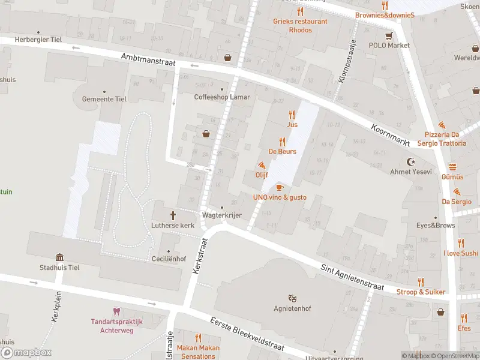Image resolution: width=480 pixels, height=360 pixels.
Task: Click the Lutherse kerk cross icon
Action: (x=174, y=215)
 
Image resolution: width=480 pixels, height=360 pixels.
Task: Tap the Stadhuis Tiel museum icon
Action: (x=59, y=257)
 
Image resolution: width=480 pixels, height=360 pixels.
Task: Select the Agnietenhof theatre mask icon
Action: (x=292, y=298)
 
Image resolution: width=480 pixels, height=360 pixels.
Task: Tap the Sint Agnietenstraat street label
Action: (x=352, y=278)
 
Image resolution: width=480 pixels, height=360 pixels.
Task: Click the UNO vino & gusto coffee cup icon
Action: (x=280, y=187)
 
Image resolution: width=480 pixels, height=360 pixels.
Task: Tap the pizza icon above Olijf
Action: (x=262, y=165)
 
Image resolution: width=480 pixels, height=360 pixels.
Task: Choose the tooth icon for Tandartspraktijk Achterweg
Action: (x=116, y=311)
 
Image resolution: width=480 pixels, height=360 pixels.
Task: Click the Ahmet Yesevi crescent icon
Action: (x=412, y=162)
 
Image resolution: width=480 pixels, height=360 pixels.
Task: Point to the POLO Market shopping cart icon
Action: (x=389, y=35)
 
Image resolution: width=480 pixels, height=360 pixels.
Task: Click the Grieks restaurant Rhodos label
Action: (x=300, y=25)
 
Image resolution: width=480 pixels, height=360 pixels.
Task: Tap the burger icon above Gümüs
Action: (x=452, y=167)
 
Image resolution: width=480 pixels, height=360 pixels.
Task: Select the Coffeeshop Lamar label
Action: (x=222, y=97)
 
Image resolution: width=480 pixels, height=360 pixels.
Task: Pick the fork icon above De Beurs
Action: (x=282, y=142)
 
